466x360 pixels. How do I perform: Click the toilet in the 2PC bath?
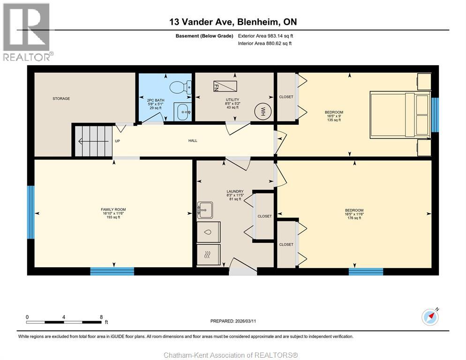tap(180, 87)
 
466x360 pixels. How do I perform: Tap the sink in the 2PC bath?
tap(182, 111)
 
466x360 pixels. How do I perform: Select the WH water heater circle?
tap(263, 112)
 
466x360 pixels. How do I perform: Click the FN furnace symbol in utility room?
tap(225, 86)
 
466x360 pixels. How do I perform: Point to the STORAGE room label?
tap(61, 98)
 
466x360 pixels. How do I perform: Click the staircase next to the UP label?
tap(92, 141)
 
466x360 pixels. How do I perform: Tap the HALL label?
tap(193, 141)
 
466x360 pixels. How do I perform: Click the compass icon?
tap(429, 317)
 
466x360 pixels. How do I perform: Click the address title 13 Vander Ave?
tap(233, 22)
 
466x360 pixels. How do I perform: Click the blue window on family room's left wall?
tap(30, 212)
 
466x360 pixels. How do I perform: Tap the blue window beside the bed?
tap(435, 115)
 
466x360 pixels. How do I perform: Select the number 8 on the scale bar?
tap(101, 317)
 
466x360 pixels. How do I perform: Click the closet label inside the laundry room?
tap(264, 216)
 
